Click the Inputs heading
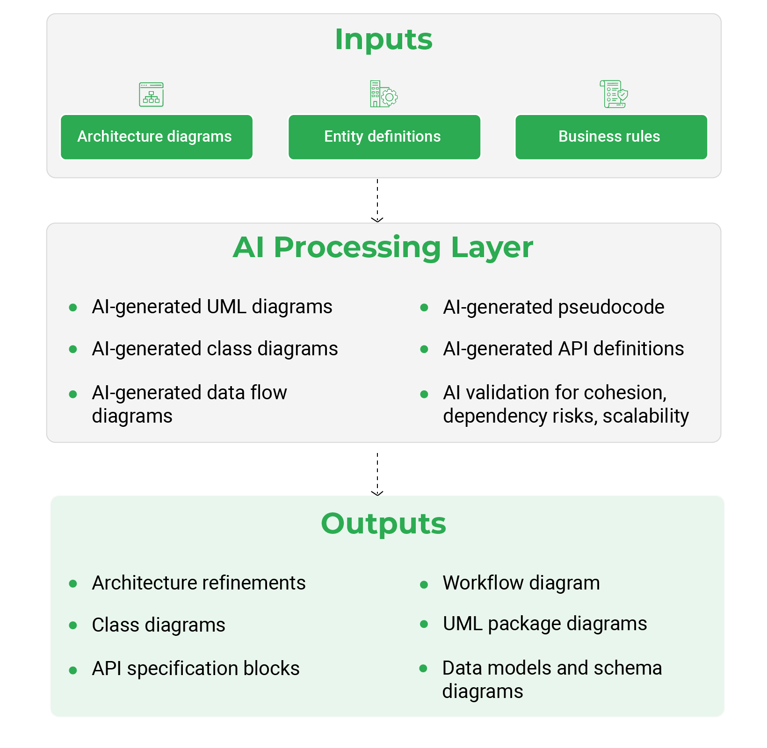click(383, 39)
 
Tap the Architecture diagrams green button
click(157, 137)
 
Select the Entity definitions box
click(384, 137)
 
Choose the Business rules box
click(611, 137)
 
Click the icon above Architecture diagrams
click(151, 94)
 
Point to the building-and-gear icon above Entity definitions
click(383, 94)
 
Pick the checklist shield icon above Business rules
click(614, 94)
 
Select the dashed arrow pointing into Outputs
click(377, 474)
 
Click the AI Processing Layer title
click(383, 247)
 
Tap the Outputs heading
click(383, 524)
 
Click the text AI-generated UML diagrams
click(212, 307)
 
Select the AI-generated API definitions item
click(563, 349)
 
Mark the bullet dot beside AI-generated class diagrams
click(73, 349)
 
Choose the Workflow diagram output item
click(521, 583)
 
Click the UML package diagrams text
click(545, 624)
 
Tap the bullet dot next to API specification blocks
click(73, 670)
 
